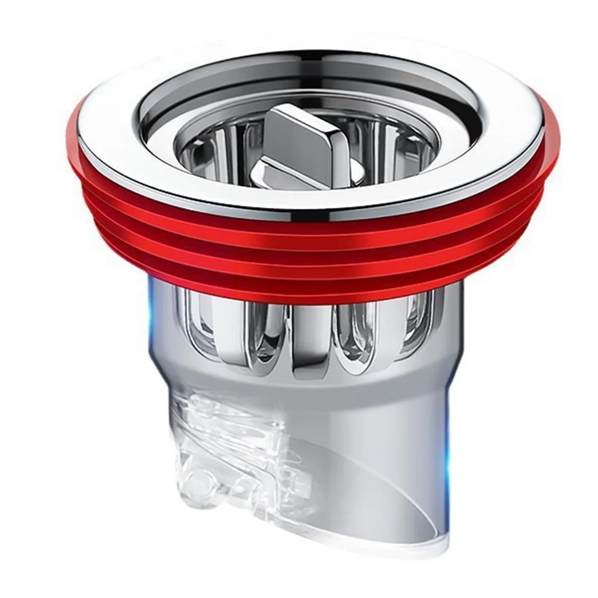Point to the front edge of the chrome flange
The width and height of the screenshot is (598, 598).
point(311,200)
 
